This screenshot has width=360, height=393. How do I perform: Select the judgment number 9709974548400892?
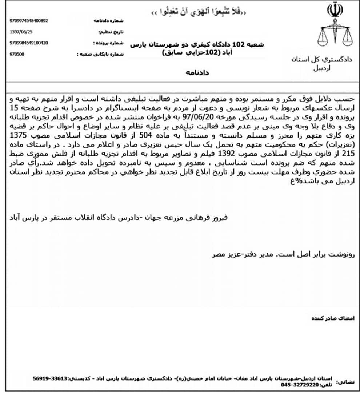tap(29, 21)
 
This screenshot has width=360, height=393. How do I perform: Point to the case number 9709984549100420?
tap(29, 43)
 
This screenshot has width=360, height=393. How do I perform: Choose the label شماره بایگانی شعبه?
tap(100, 54)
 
